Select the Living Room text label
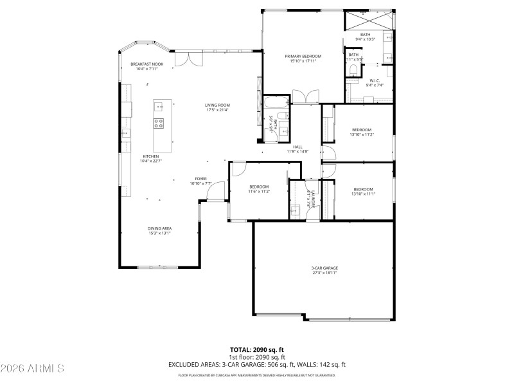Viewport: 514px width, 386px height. point(217,107)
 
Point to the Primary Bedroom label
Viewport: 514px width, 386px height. point(303,59)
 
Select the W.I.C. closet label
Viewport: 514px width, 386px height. point(375,82)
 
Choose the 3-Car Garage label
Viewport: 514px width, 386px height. point(324,270)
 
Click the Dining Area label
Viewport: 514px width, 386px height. point(159,230)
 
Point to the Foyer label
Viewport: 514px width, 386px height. point(200,181)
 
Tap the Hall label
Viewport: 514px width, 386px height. point(297,149)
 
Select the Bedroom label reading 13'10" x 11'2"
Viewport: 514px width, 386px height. point(362,132)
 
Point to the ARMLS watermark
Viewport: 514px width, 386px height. point(32,369)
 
